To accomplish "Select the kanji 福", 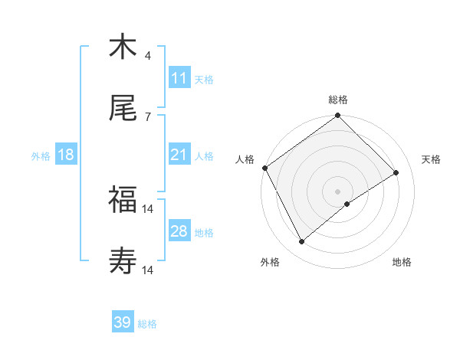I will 123,200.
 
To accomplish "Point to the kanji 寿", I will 123,261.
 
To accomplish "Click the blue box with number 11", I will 179,78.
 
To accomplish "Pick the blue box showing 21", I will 179,155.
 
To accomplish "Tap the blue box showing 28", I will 179,231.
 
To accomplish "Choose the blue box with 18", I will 66,155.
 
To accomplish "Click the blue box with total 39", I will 122,322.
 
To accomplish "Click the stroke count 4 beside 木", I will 147,56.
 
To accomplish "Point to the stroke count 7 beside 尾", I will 147,117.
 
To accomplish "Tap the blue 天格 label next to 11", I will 203,79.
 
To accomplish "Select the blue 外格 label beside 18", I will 41,156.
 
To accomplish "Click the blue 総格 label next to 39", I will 147,323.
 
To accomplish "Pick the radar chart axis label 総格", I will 338,100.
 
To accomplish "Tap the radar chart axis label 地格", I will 402,262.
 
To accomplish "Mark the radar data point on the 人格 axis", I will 265,168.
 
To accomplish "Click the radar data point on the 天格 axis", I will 396,172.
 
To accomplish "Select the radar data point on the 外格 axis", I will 301,242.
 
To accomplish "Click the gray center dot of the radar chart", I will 337,191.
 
